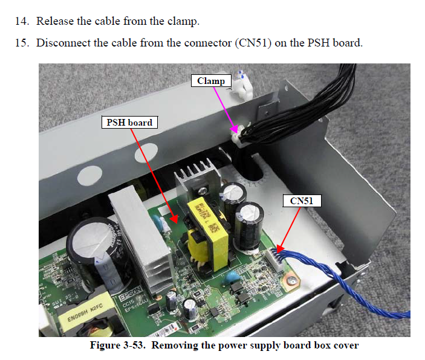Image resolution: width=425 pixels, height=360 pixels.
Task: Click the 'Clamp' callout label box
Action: (x=211, y=80)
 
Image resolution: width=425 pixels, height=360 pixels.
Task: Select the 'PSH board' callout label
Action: (x=128, y=122)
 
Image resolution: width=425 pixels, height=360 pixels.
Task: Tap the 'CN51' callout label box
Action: (x=301, y=201)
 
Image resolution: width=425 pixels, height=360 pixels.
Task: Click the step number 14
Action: (x=21, y=21)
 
